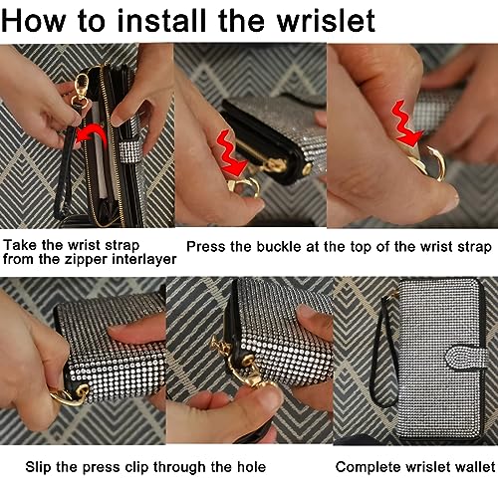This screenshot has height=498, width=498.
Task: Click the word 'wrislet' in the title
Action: [x=326, y=21]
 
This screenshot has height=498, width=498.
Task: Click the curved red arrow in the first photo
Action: [x=92, y=135]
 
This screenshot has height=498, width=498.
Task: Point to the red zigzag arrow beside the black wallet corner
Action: [x=231, y=153]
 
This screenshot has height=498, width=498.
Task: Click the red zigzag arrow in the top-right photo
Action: [x=405, y=124]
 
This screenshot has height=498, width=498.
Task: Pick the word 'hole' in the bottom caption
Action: [x=251, y=467]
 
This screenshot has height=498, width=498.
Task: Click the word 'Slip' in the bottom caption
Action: [x=38, y=467]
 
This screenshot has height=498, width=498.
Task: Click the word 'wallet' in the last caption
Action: [x=475, y=467]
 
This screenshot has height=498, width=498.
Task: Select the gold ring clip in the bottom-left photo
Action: [x=68, y=395]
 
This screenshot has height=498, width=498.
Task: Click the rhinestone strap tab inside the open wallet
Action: [x=129, y=151]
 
